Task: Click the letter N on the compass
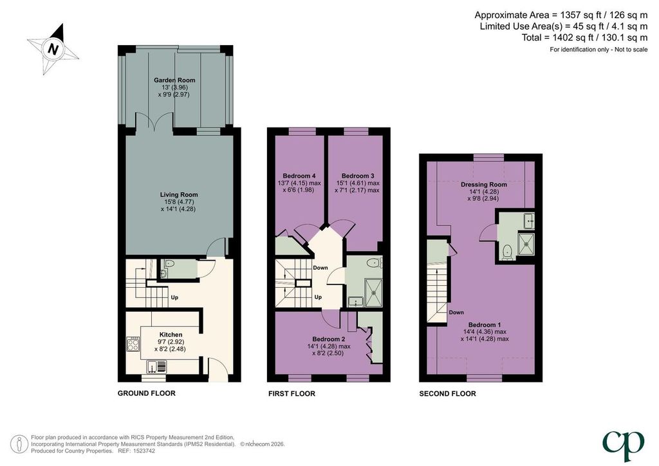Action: [x=53, y=49]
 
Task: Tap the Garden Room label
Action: [x=174, y=80]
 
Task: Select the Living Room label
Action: [x=179, y=194]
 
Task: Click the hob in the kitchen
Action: [x=133, y=344]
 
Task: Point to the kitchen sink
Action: [x=156, y=367]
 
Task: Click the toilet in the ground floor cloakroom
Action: [x=169, y=263]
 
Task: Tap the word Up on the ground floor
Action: [x=174, y=297]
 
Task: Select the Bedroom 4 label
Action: [x=299, y=176]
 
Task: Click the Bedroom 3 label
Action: [x=358, y=176]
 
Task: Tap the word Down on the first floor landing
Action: [x=320, y=268]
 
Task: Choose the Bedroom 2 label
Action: [x=329, y=339]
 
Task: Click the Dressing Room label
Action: [x=484, y=185]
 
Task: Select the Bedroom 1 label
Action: [x=485, y=325]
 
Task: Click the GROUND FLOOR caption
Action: [x=146, y=393]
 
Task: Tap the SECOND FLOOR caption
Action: [x=448, y=394]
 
